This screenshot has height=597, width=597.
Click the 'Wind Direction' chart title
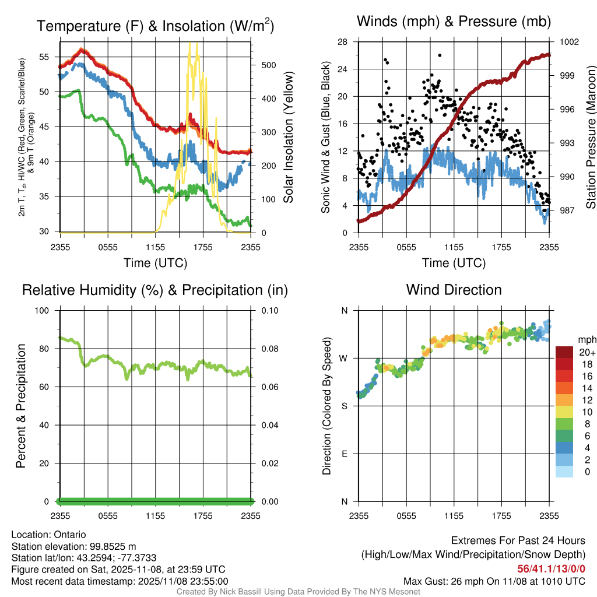point(454,290)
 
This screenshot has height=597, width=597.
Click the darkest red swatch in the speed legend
point(564,352)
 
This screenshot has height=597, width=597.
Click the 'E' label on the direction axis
point(344,454)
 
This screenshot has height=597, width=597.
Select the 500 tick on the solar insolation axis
point(268,65)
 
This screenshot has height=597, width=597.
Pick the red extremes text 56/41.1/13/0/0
point(551,569)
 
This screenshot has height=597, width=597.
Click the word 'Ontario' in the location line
point(70,534)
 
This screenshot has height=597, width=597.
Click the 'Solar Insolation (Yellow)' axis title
point(288,138)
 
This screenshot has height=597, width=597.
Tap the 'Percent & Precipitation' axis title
point(21,406)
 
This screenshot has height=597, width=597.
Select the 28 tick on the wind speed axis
point(343,42)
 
